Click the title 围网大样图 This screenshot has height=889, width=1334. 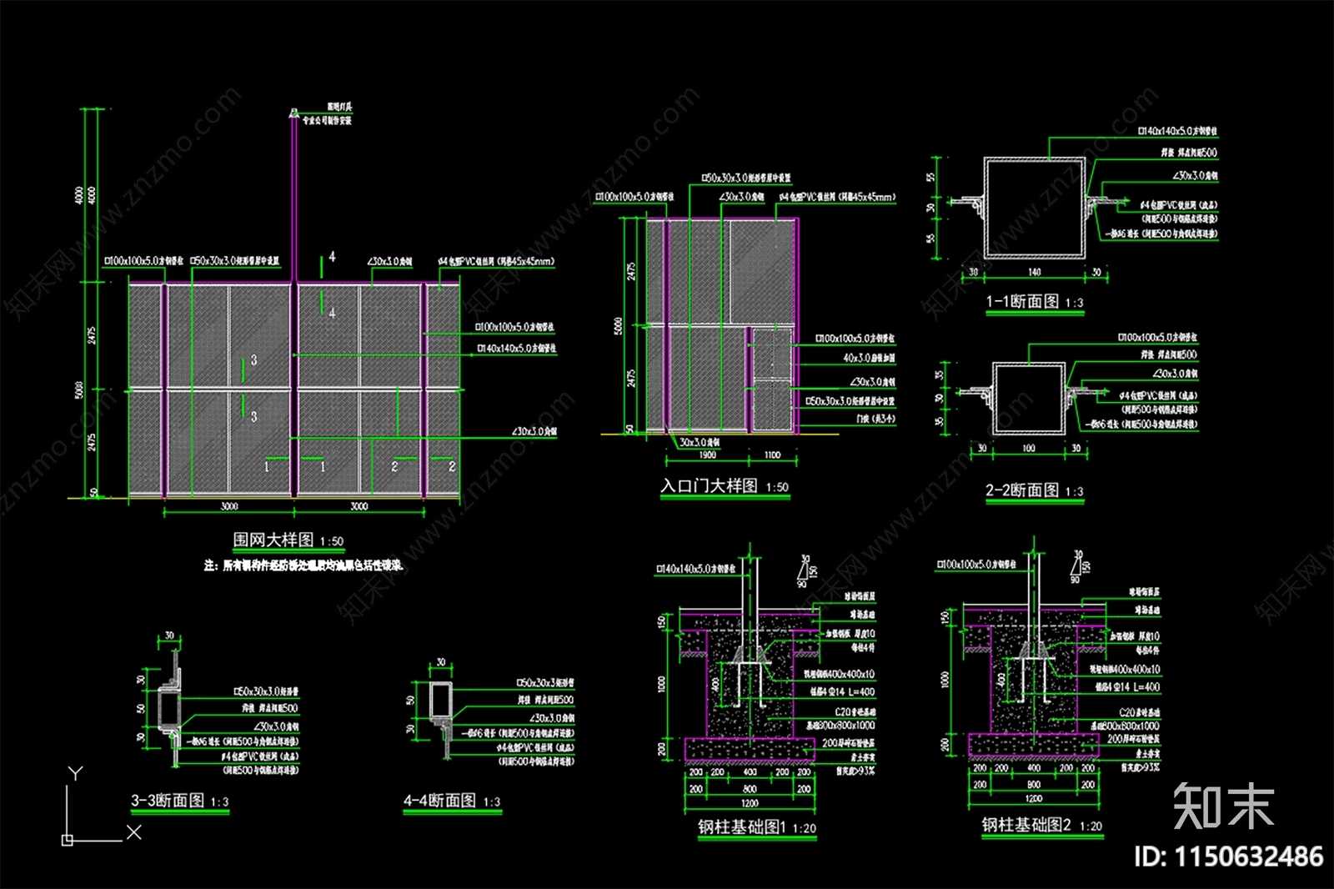coord(273,540)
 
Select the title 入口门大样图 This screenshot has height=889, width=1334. coord(709,485)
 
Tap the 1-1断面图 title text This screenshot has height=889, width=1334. coord(1022,301)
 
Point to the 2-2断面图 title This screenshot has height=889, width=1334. coord(1022,490)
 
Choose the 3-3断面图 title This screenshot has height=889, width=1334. coord(168,801)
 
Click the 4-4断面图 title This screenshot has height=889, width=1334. coord(440,801)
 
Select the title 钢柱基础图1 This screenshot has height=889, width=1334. coord(742,826)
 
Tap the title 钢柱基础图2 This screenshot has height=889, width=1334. coord(1026,825)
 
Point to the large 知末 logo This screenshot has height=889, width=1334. coord(1223,806)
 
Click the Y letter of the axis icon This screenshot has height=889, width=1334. coord(75,773)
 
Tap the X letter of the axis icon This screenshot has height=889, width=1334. coord(134,831)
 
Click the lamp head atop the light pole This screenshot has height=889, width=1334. coord(293,112)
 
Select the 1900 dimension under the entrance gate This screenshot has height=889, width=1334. coord(707,455)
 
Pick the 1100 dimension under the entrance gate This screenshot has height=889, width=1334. coord(772,455)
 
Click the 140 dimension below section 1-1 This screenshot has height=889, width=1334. coord(1034,273)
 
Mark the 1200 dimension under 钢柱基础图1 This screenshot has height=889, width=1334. coord(750,803)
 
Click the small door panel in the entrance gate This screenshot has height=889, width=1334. coord(772,379)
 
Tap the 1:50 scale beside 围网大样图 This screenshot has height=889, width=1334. coord(332,541)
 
